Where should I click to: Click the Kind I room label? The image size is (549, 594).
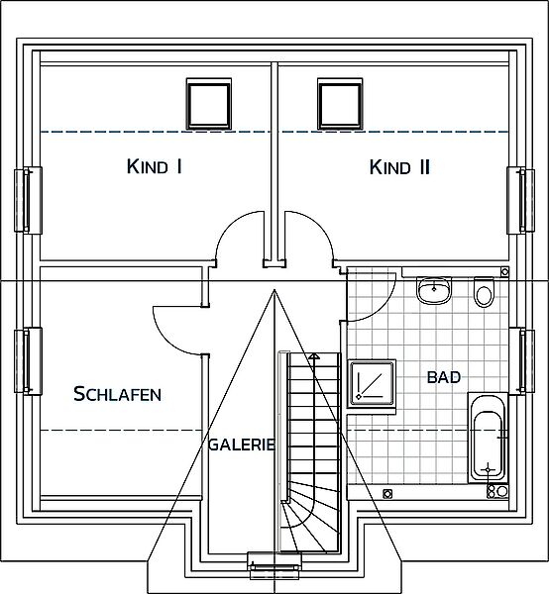click(x=155, y=166)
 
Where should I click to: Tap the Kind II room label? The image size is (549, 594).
click(x=399, y=167)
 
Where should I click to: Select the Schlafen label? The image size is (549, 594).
click(x=118, y=394)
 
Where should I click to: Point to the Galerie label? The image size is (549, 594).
click(x=242, y=445)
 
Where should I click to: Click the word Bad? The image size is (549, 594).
click(x=444, y=377)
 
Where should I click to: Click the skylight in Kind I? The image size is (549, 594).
click(x=209, y=104)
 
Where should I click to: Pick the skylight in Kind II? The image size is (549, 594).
click(x=340, y=104)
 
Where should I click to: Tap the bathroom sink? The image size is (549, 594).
click(x=434, y=290)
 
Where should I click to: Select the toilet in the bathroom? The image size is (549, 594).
click(x=485, y=292)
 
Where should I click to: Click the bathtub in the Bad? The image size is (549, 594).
click(x=488, y=438)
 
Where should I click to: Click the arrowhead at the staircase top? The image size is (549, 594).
click(x=314, y=355)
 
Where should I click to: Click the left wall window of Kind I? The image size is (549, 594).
click(x=28, y=200)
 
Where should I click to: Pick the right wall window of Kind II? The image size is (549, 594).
click(x=521, y=200)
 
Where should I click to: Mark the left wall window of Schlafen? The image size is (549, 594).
click(x=28, y=361)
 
